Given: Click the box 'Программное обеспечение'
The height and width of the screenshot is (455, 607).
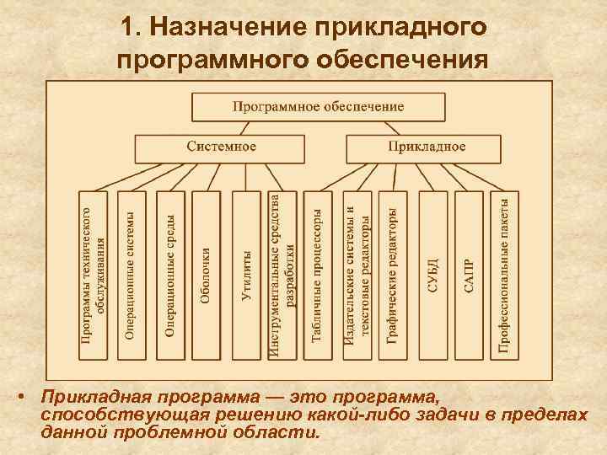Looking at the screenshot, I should [318, 107].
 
